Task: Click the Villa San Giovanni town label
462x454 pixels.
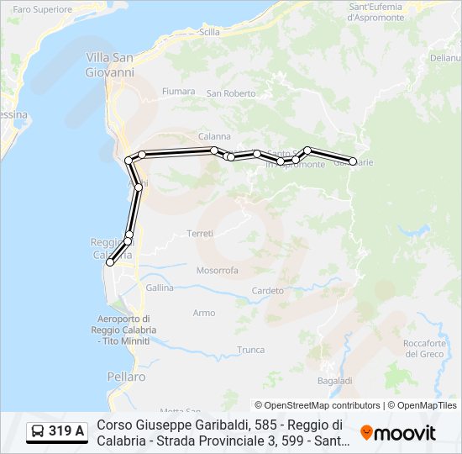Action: [x=110, y=65]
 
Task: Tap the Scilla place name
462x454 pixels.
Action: [x=210, y=32]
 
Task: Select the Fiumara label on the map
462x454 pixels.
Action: [x=178, y=91]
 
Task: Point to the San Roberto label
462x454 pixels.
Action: [x=231, y=93]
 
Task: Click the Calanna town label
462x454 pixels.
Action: [x=214, y=136]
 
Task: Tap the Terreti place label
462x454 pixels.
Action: [x=201, y=233]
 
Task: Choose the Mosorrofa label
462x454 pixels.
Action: [x=218, y=271]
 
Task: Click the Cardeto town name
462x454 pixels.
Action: [x=268, y=291]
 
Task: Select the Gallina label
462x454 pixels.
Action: [x=159, y=288]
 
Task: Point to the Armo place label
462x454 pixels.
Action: [x=204, y=313]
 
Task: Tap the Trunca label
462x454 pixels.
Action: [x=250, y=350]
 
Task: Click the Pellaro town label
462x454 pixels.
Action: [x=126, y=377]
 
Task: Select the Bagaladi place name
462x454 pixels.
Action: [x=335, y=381]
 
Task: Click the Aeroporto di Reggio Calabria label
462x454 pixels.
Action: [x=123, y=330]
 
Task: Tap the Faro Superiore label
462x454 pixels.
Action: [x=43, y=9]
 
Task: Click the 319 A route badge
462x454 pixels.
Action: [x=57, y=432]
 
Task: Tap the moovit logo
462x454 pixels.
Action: [x=398, y=433]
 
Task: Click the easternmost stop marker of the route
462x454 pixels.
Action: [x=353, y=161]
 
